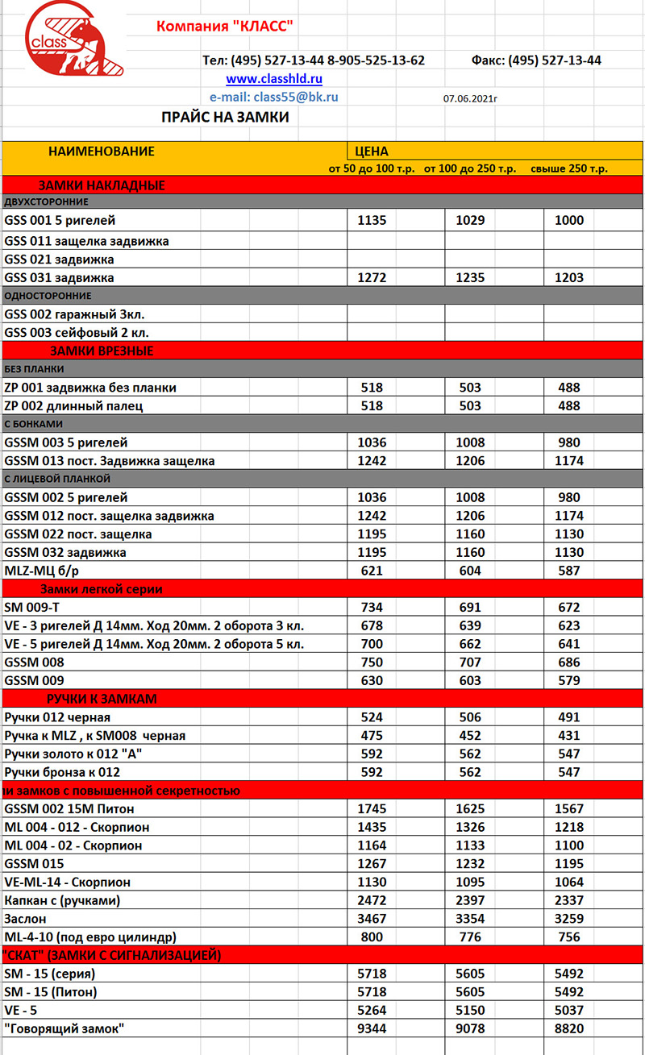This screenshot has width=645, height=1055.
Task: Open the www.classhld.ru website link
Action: pos(274,79)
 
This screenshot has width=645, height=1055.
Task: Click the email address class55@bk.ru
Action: pos(273,97)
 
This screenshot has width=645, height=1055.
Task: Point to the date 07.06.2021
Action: pos(470,98)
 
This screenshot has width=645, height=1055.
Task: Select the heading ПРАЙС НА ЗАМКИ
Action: pos(225,118)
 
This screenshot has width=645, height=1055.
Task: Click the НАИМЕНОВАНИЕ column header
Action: pos(102,152)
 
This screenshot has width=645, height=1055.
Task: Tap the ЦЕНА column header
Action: pos(372,152)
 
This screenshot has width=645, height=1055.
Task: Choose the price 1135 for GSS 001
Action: pos(372,221)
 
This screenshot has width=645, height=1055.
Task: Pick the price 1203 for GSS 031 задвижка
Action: pos(569,278)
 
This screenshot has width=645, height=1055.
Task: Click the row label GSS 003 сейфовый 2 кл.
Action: pos(77,332)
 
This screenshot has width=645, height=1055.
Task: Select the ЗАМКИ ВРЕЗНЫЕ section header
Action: pos(102,351)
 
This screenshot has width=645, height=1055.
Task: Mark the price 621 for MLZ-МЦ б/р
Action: pos(372,571)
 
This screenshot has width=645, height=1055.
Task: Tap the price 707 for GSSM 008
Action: pos(470,662)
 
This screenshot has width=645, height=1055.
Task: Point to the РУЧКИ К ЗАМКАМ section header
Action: pos(102,699)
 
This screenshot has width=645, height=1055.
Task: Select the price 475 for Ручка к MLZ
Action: pos(372,736)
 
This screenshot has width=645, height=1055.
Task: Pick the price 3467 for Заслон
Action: pos(372,919)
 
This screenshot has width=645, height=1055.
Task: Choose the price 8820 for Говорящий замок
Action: pos(569,1028)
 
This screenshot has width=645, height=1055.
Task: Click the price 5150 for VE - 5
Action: pos(470,1010)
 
